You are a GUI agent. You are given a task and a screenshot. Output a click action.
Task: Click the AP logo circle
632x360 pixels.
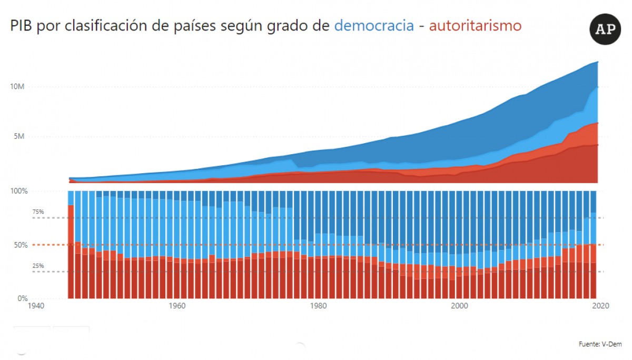point(605,29)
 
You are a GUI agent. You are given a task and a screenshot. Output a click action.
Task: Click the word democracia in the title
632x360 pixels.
point(374,26)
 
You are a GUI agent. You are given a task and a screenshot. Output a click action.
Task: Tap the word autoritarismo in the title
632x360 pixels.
point(475,26)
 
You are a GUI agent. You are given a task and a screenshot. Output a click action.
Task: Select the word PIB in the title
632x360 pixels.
point(21,26)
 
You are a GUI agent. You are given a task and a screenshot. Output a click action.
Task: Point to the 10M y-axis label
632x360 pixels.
point(17,86)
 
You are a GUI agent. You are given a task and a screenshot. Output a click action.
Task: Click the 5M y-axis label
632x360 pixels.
point(19,136)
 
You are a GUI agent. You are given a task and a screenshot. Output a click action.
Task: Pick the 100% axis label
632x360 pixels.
point(19,191)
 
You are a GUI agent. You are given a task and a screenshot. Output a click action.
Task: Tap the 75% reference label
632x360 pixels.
point(38,212)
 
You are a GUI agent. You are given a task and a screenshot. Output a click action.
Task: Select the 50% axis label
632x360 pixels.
point(21,245)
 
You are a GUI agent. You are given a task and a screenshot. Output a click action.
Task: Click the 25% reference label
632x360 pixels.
point(38,266)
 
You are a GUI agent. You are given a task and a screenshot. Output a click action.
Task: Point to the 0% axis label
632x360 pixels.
point(23,298)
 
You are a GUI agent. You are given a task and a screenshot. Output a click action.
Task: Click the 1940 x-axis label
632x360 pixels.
point(36,306)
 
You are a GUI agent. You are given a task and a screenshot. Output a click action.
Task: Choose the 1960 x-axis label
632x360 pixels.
point(177,306)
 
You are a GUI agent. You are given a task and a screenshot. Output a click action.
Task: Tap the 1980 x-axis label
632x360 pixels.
point(318,306)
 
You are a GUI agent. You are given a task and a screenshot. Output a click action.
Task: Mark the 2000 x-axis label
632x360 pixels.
point(459,306)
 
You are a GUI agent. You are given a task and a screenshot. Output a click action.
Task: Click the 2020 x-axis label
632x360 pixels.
point(601,306)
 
